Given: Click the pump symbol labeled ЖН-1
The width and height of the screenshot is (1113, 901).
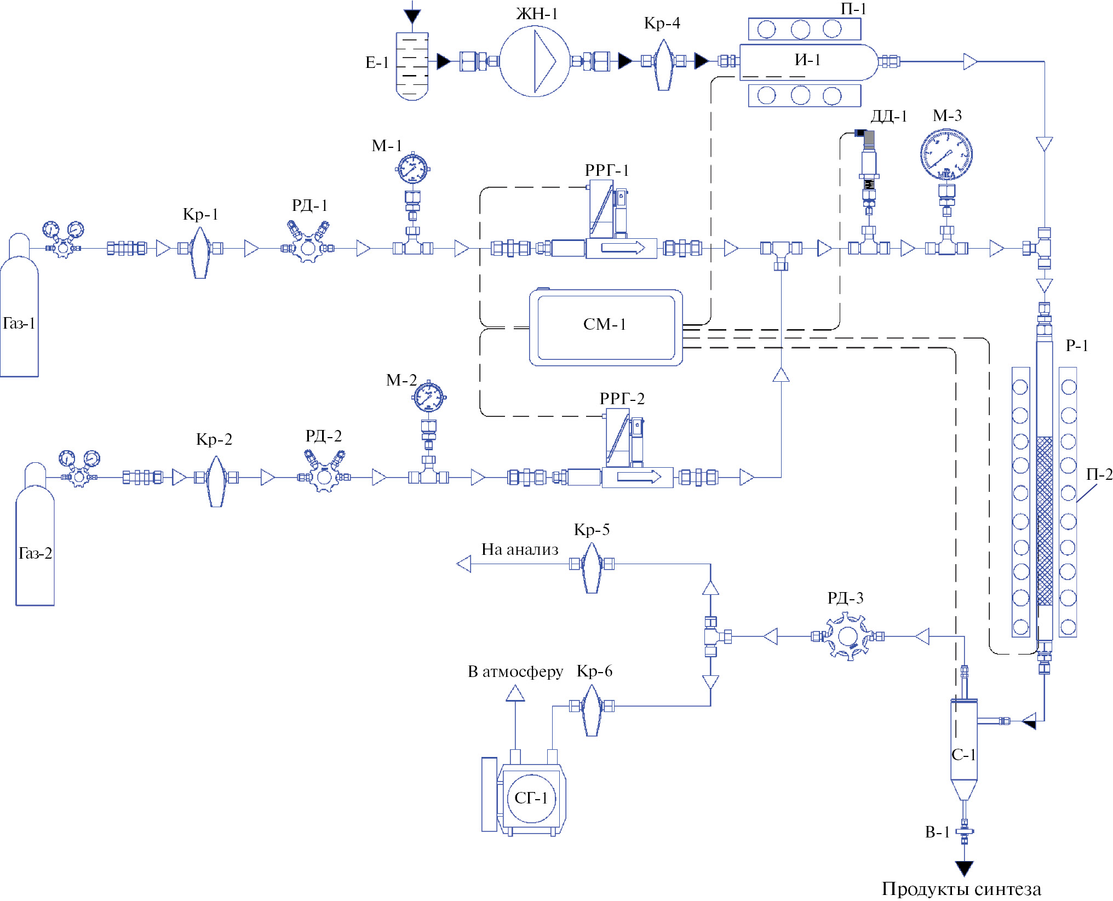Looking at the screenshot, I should tap(535, 61).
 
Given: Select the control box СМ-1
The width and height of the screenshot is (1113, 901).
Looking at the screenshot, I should tap(605, 327).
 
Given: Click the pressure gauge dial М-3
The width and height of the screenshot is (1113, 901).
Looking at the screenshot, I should tap(946, 154).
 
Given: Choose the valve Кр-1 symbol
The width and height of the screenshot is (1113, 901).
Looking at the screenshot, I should tap(200, 251).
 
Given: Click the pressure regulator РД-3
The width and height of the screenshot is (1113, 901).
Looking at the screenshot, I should tap(847, 636).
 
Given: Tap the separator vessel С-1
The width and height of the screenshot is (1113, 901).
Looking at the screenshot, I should tap(964, 745).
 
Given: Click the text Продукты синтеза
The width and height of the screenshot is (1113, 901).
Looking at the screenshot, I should tap(961, 888).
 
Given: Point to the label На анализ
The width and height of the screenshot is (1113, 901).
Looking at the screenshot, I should tap(520, 549).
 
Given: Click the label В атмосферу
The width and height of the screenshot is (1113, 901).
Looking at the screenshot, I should tap(515, 672).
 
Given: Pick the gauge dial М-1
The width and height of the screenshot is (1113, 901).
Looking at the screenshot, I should tap(412, 169).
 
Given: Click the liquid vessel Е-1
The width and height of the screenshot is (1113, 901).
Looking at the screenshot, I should tap(412, 66).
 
